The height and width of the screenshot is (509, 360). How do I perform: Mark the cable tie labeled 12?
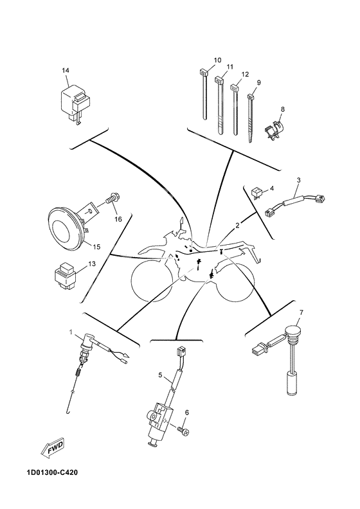235,109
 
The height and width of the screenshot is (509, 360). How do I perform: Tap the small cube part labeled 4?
257,191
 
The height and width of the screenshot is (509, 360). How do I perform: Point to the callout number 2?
237,226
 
